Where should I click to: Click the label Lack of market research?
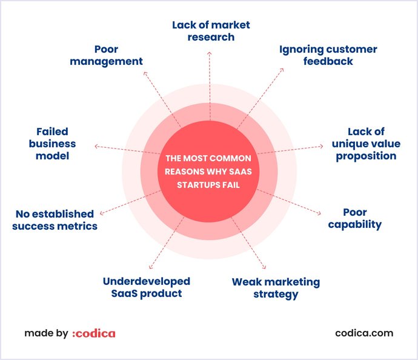[211, 31]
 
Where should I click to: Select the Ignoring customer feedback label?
[328, 55]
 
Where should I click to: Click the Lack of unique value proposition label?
[364, 144]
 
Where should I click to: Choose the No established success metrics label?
[56, 220]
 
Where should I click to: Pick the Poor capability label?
[354, 218]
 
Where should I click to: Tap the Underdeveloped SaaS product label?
[146, 287]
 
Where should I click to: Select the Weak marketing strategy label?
[276, 288]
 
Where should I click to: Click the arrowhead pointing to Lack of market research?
[210, 53]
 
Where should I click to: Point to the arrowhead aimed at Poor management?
[145, 73]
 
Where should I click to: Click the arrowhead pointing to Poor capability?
[319, 213]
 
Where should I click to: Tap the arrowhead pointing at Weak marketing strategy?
[264, 267]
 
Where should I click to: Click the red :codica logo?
[93, 333]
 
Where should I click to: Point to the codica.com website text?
[363, 333]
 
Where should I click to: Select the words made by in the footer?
[46, 333]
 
